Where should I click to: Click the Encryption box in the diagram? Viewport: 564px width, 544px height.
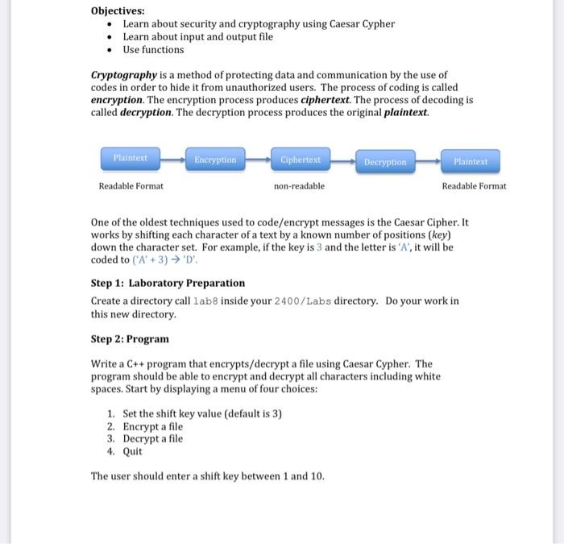[x=215, y=160]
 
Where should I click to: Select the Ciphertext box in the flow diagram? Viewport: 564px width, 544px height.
[x=301, y=160]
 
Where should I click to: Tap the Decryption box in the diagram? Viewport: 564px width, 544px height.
[x=385, y=162]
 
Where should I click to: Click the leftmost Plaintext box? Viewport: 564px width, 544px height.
[x=131, y=158]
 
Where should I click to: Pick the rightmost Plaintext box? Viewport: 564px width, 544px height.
[x=471, y=161]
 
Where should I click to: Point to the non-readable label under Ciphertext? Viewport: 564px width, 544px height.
[x=300, y=186]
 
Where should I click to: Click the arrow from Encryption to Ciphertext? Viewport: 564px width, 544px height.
[x=258, y=160]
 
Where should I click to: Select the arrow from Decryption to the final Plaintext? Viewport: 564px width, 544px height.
[x=428, y=161]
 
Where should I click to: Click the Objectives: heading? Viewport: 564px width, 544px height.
[x=118, y=10]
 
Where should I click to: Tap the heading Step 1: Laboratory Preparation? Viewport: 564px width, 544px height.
[x=168, y=283]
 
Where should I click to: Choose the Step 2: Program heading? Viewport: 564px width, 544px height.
[x=130, y=338]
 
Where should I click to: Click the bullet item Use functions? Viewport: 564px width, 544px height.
[x=153, y=49]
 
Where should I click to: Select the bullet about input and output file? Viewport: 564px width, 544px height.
[x=197, y=36]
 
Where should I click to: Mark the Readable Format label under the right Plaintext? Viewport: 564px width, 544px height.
[x=474, y=186]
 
